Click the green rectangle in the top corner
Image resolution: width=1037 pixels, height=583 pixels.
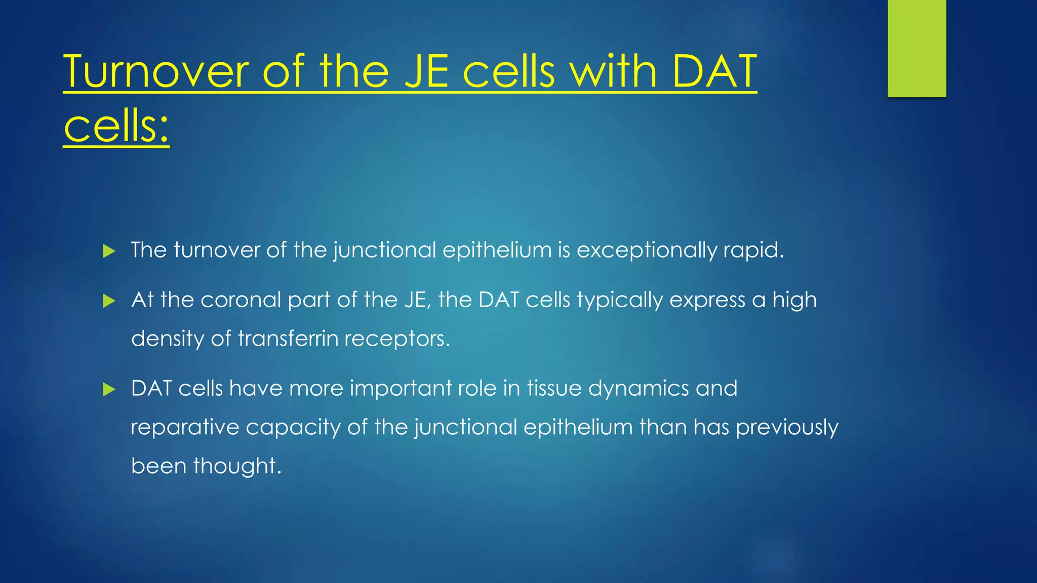tap(916, 49)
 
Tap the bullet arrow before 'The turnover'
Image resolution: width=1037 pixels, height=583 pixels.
tap(109, 251)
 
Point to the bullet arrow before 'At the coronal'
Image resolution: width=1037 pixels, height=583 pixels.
tap(109, 301)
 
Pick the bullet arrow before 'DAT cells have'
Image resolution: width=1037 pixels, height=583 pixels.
tap(109, 389)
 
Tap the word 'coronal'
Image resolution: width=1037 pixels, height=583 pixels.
tap(241, 300)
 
